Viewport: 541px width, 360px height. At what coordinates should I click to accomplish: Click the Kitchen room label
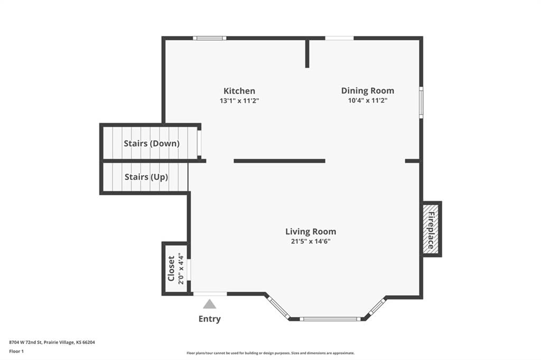click(x=239, y=91)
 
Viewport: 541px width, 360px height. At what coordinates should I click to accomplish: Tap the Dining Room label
click(x=368, y=91)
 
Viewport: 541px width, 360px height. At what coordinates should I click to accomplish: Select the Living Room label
click(x=311, y=231)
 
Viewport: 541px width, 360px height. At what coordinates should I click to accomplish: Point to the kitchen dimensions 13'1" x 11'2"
click(x=239, y=101)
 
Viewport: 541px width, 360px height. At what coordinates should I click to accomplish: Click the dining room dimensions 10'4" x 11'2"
click(x=368, y=101)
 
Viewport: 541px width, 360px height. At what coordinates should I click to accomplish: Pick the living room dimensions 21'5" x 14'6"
click(x=311, y=241)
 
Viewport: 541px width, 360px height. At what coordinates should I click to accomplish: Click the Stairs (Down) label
click(x=152, y=144)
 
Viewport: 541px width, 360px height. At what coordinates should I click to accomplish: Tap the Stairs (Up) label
click(x=146, y=177)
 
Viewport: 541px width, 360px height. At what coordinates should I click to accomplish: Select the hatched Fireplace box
click(x=431, y=229)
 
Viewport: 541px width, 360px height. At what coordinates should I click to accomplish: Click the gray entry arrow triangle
click(x=209, y=304)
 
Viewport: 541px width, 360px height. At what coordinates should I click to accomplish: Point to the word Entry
click(x=209, y=319)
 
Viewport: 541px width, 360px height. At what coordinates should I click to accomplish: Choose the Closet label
click(x=171, y=269)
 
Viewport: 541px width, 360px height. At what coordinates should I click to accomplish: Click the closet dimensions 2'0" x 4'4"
click(x=181, y=269)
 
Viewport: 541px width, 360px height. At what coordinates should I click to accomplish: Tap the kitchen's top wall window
click(x=209, y=39)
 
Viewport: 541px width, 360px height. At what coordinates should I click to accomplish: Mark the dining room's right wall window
click(x=421, y=102)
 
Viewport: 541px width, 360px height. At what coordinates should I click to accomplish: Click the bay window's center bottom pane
click(x=330, y=319)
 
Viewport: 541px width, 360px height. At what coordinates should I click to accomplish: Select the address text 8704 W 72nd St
click(x=25, y=343)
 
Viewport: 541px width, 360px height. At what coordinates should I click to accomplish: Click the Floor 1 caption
click(x=16, y=352)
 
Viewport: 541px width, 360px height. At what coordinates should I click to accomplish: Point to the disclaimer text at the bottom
click(x=270, y=353)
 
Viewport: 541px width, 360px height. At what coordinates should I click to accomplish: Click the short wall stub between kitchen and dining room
click(x=307, y=53)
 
